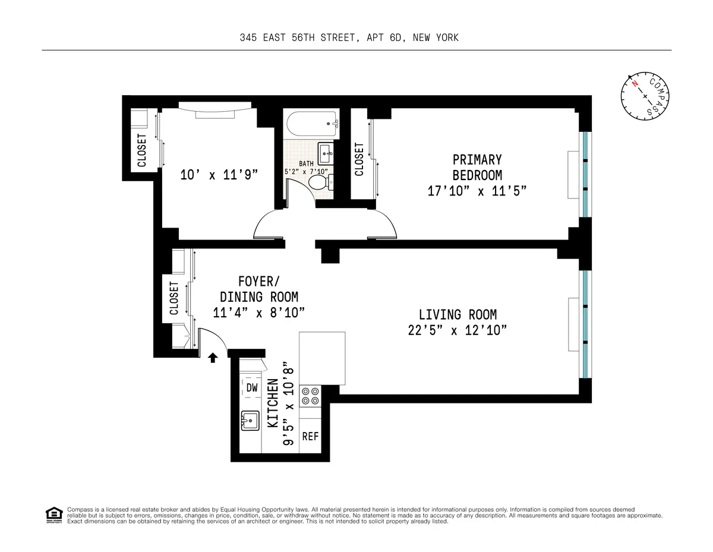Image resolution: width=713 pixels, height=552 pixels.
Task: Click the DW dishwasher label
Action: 251,388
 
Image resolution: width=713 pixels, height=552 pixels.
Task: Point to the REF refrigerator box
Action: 310,436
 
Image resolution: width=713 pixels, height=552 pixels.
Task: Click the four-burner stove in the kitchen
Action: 310,396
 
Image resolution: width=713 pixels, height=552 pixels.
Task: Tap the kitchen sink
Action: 250,421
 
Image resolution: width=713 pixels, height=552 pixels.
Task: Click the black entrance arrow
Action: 213,357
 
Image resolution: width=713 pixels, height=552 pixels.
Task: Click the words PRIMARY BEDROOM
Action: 477,168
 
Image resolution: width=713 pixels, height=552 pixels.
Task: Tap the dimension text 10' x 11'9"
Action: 219,175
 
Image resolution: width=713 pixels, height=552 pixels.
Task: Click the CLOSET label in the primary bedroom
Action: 359,159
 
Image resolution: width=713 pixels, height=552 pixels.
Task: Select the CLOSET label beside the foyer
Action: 173,298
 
